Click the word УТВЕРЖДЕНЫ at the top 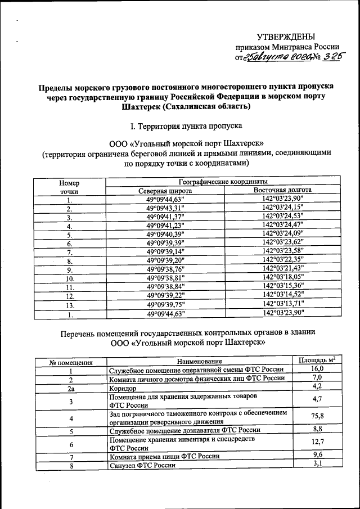tap(286, 37)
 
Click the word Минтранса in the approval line tap(297, 47)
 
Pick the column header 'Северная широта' tap(165, 191)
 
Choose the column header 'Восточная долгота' tap(282, 191)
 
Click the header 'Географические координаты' tap(223, 182)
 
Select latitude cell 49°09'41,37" tap(165, 218)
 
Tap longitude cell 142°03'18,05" tap(282, 277)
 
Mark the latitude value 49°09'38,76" tap(165, 269)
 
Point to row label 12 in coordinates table tap(70, 296)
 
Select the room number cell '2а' tap(71, 388)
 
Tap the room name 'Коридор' tap(123, 389)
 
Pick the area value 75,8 tap(317, 416)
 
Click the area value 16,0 tap(317, 369)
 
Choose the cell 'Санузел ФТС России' tap(142, 465)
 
